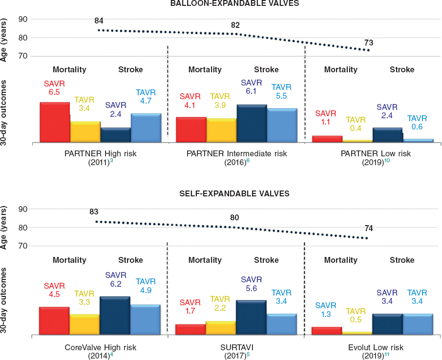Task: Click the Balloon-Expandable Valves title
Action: point(234,3)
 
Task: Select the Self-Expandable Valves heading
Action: point(234,193)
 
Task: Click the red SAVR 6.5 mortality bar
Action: point(54,122)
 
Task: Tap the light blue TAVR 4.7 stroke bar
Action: point(146,128)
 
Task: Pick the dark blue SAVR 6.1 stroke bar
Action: point(252,124)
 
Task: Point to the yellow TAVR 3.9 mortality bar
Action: point(221,130)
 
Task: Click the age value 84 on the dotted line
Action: point(99,21)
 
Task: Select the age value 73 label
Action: point(369,42)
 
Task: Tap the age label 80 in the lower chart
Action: point(234,217)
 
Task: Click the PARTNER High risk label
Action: point(100,153)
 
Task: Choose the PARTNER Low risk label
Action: point(375,153)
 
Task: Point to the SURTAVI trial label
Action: point(236,347)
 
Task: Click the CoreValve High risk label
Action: point(100,347)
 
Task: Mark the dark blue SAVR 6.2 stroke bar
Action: point(115,316)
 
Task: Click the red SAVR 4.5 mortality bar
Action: point(54,320)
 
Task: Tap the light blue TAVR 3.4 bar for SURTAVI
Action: point(282,324)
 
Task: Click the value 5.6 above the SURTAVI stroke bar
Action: point(252,288)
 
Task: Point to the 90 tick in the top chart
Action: point(22,19)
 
